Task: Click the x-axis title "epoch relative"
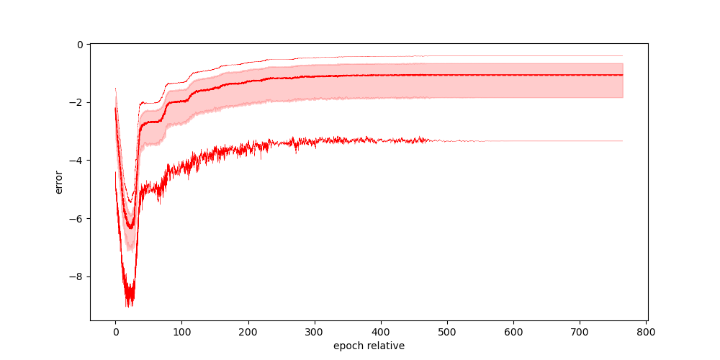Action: tap(369, 346)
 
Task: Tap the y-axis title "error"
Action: tap(59, 181)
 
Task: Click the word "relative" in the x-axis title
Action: tap(385, 346)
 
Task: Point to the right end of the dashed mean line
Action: tap(622, 75)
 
